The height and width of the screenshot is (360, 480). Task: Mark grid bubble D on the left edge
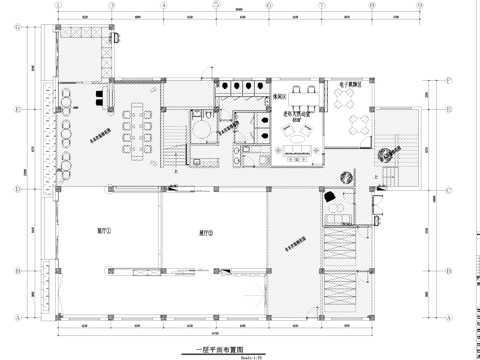18,187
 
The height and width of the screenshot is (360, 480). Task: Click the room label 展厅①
104,229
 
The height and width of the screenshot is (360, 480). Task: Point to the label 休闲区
280,96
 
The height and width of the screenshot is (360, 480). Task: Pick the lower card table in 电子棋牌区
355,125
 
